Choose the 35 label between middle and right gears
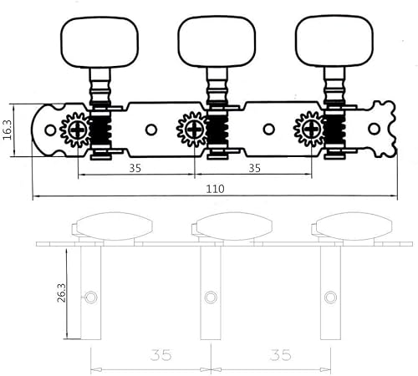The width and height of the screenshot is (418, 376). tap(255, 167)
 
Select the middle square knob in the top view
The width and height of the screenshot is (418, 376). tap(208, 36)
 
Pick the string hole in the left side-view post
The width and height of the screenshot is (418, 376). tap(91, 296)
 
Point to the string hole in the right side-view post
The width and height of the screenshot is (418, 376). tap(332, 296)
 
